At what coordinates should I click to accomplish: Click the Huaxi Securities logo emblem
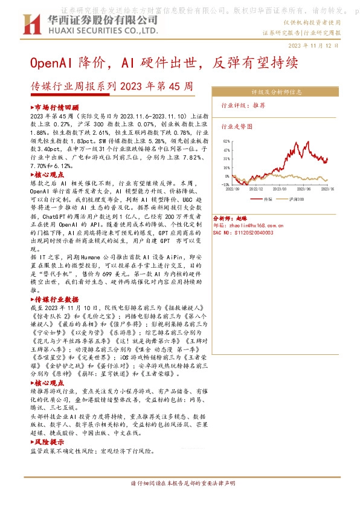pyautogui.click(x=31, y=24)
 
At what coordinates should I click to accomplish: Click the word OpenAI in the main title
pyautogui.click(x=52, y=63)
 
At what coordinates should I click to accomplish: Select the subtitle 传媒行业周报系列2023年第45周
pyautogui.click(x=112, y=86)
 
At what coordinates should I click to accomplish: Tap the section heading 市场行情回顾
pyautogui.click(x=60, y=106)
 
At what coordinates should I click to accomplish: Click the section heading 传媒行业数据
pyautogui.click(x=60, y=299)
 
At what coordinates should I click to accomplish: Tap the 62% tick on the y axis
pyautogui.click(x=227, y=141)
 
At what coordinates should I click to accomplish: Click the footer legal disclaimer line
pyautogui.click(x=181, y=484)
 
